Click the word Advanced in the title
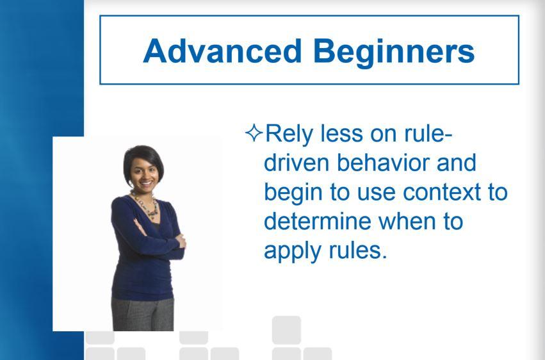[x=222, y=51]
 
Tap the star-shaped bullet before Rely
[x=254, y=133]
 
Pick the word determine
[x=318, y=221]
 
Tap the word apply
[x=292, y=252]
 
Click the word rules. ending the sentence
[x=357, y=250]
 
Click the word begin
[x=293, y=193]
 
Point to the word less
[x=341, y=133]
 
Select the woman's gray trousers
[x=143, y=314]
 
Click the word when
[x=407, y=221]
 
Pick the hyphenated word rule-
[x=428, y=133]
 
